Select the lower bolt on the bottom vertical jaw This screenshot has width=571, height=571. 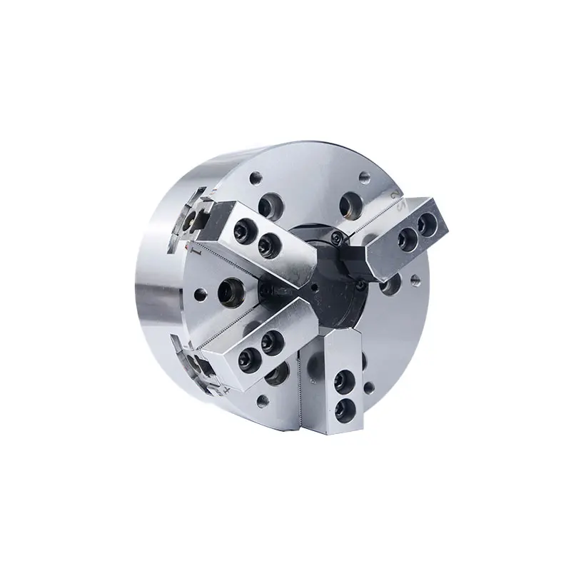[x=345, y=407]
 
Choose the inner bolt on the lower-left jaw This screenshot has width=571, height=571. [x=272, y=340]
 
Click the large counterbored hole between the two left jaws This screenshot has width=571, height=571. [x=231, y=288]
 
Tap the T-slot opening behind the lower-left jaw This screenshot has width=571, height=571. [x=198, y=363]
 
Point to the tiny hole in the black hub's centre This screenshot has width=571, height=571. [x=313, y=289]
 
